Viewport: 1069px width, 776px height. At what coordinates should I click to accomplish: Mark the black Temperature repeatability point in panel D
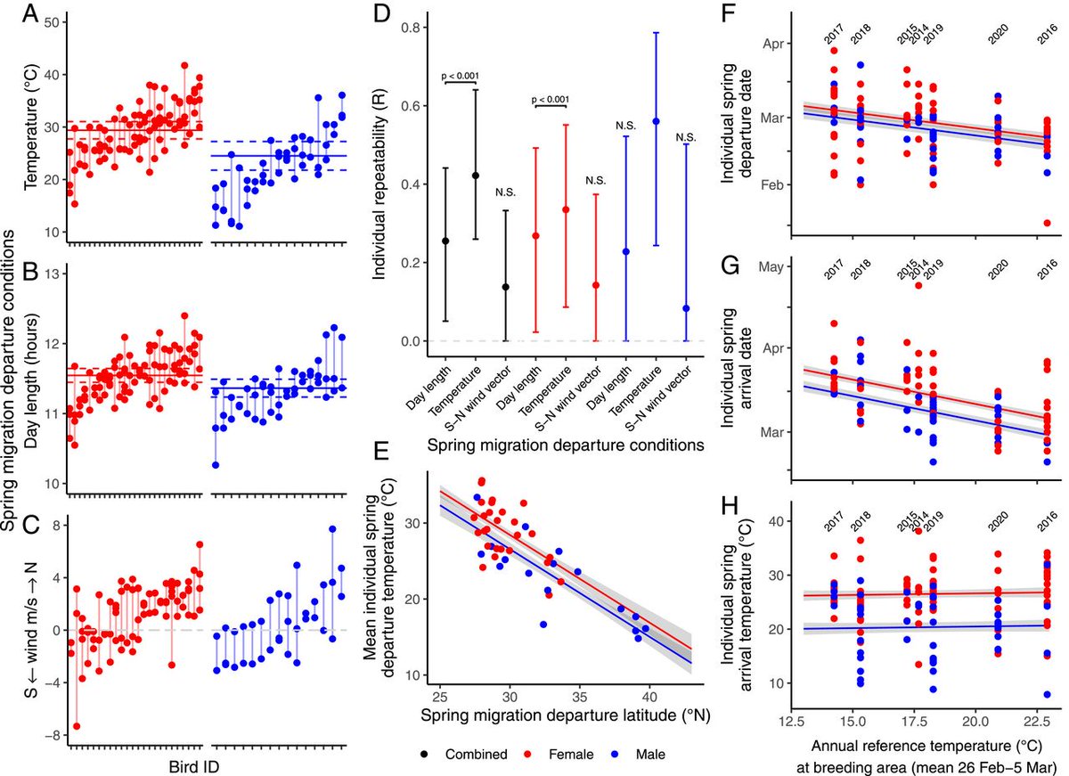(x=475, y=176)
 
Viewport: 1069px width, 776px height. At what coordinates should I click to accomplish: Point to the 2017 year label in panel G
(x=833, y=265)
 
